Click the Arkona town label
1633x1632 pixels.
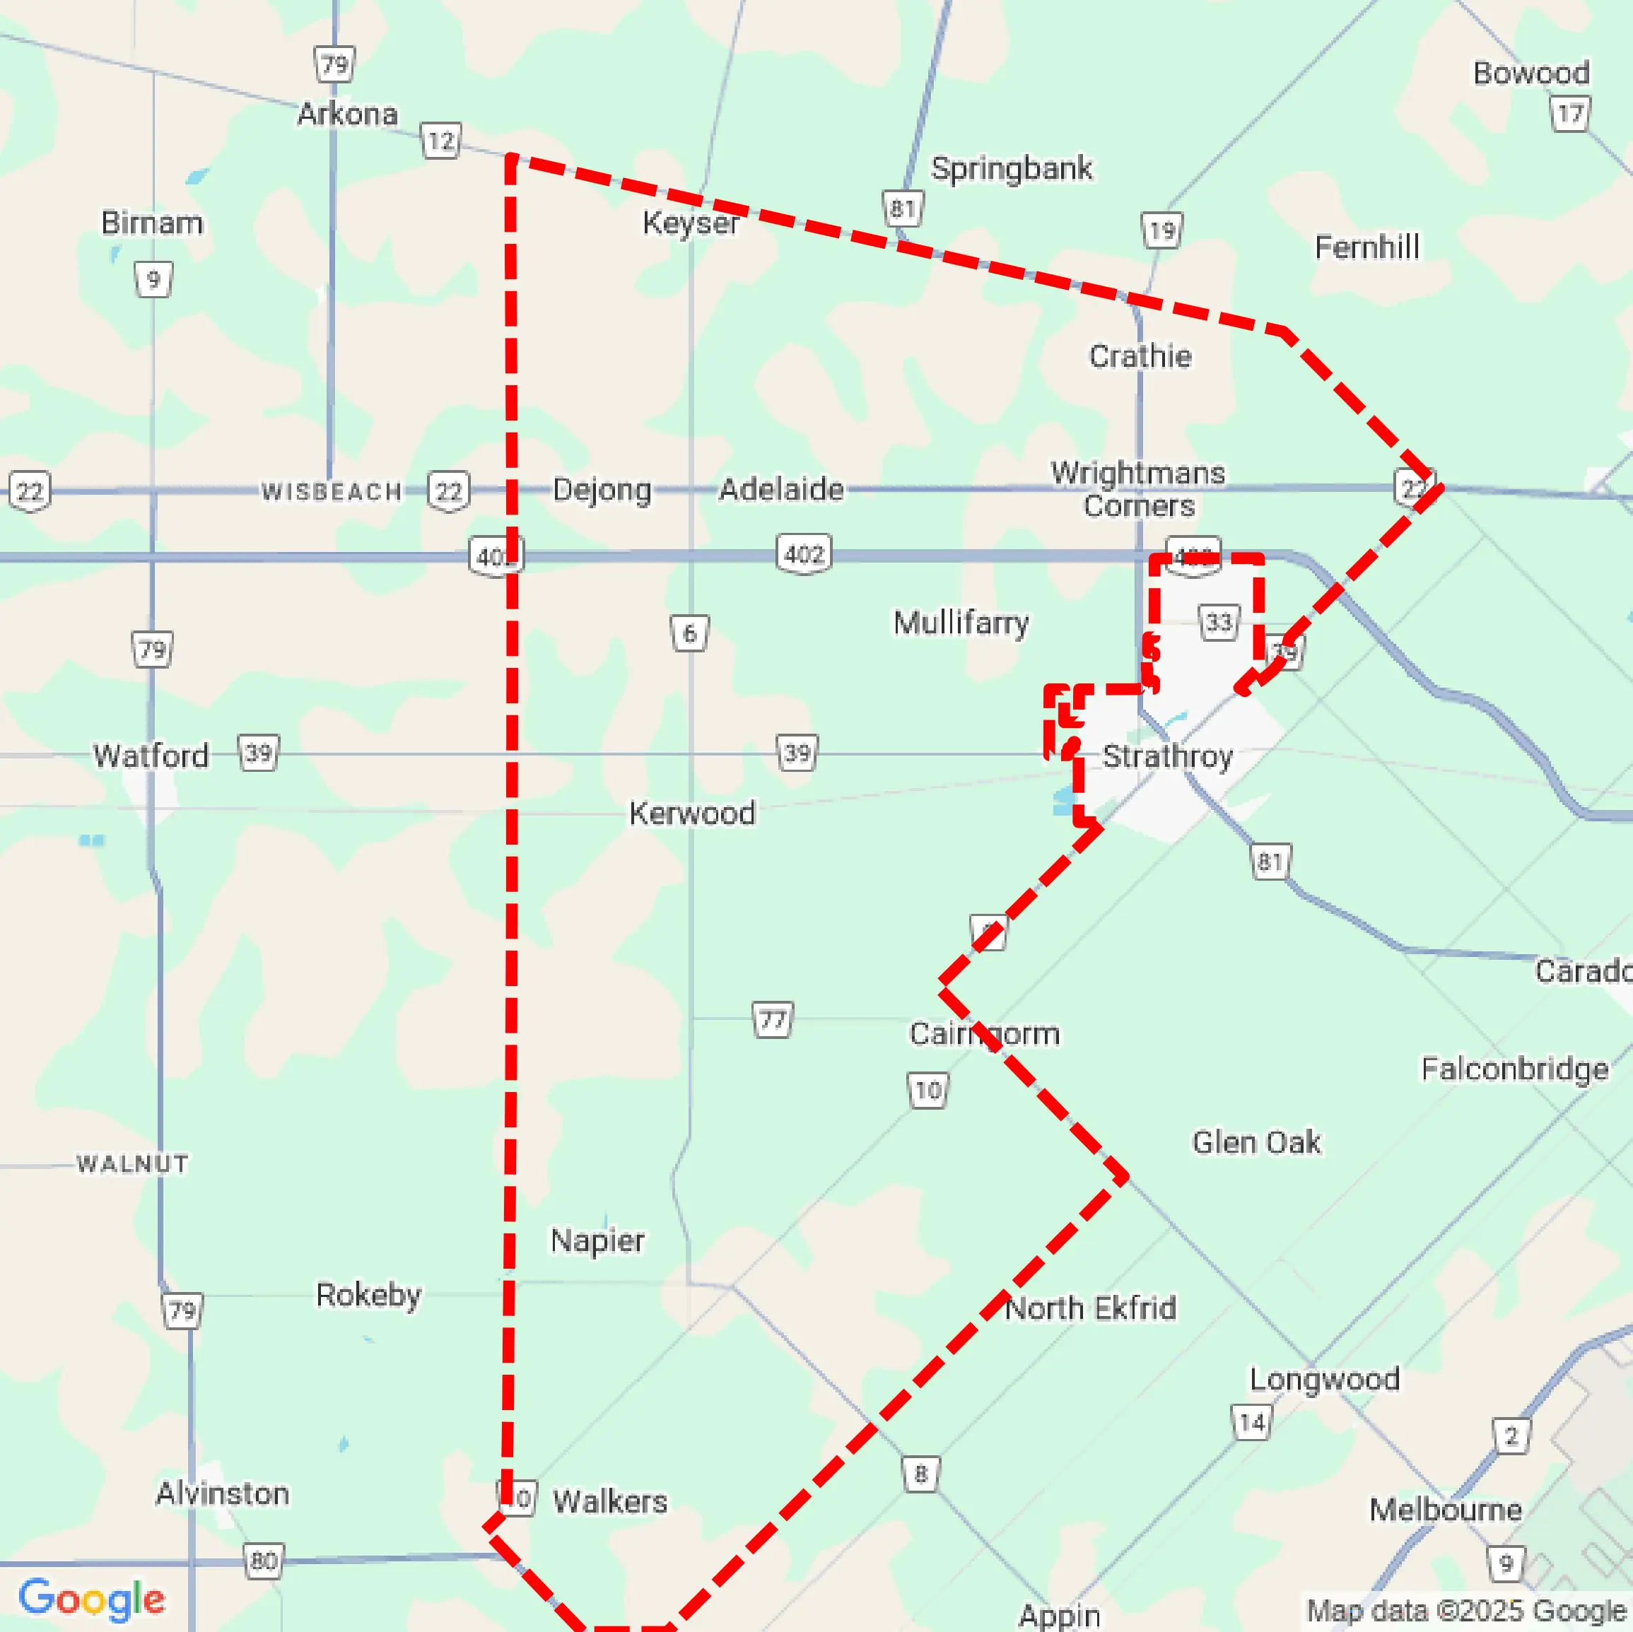click(x=347, y=114)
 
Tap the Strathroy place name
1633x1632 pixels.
click(x=1167, y=756)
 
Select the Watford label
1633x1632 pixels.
click(x=151, y=756)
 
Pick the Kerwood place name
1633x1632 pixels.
click(x=692, y=813)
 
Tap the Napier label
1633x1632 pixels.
click(x=597, y=1240)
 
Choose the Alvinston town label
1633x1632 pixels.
click(x=222, y=1493)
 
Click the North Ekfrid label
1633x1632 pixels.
click(x=1090, y=1308)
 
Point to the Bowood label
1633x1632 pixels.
click(x=1530, y=74)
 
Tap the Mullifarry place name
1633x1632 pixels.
click(x=961, y=623)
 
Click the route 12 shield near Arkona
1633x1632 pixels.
click(x=440, y=141)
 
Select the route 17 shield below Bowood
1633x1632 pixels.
click(x=1569, y=114)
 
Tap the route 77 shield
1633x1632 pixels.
click(x=773, y=1020)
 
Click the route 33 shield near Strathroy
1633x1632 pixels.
click(x=1218, y=623)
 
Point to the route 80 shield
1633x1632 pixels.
click(x=264, y=1560)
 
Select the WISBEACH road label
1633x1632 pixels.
click(x=332, y=492)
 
